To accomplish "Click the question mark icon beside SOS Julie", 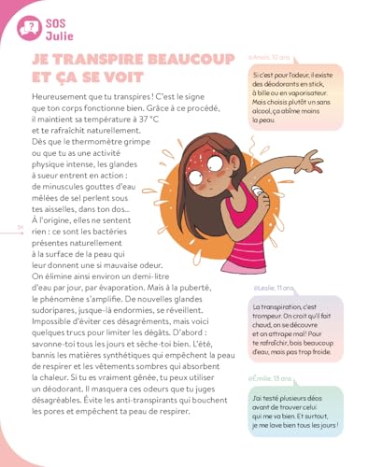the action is (x=34, y=23).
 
